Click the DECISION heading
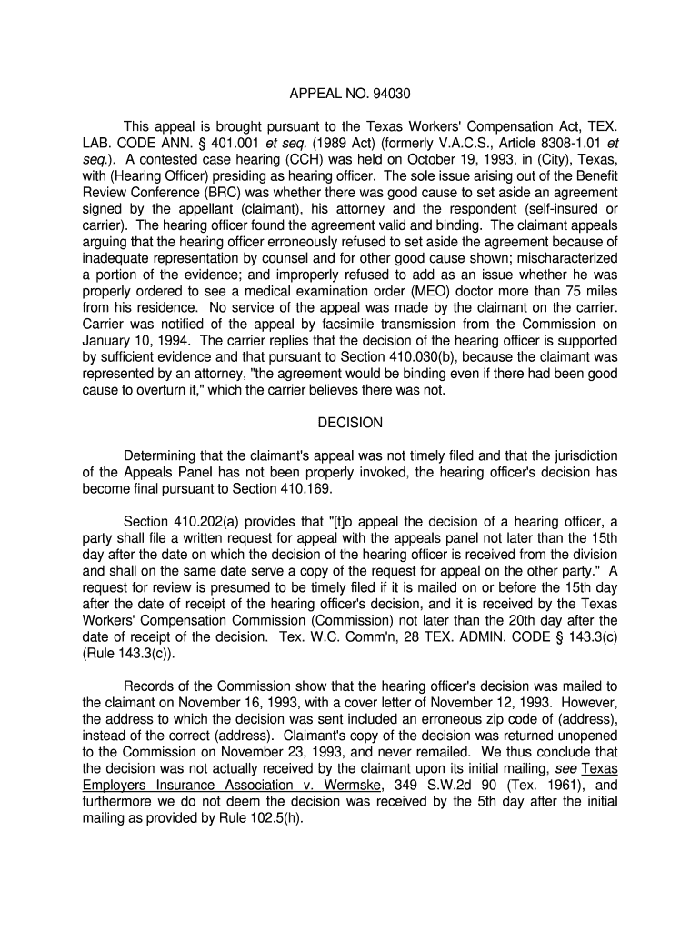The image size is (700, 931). pyautogui.click(x=350, y=423)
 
